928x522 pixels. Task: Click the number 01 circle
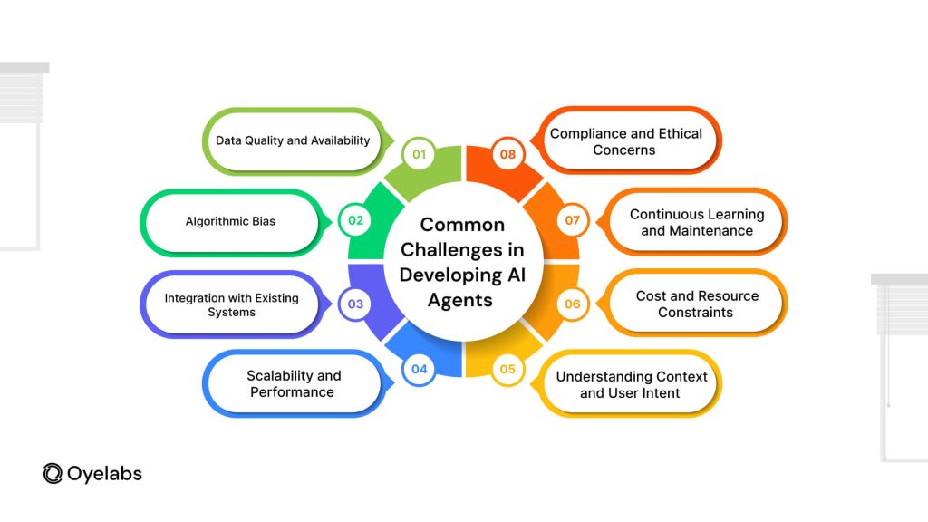pyautogui.click(x=419, y=154)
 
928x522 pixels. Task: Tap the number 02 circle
pyautogui.click(x=354, y=220)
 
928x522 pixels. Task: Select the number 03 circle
pyautogui.click(x=354, y=304)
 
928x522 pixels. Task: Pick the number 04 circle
pyautogui.click(x=419, y=369)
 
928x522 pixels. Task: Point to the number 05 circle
pyautogui.click(x=507, y=369)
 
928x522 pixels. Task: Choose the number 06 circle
pyautogui.click(x=573, y=304)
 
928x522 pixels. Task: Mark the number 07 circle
pyautogui.click(x=573, y=220)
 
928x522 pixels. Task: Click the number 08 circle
pyautogui.click(x=507, y=154)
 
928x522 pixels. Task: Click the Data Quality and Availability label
pyautogui.click(x=293, y=140)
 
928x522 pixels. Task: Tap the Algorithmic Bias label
pyautogui.click(x=230, y=221)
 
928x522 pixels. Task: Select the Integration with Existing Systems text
pyautogui.click(x=231, y=304)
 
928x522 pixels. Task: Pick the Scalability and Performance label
pyautogui.click(x=294, y=383)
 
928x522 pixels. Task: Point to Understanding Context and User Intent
pyautogui.click(x=632, y=384)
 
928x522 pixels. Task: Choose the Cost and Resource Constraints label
pyautogui.click(x=697, y=304)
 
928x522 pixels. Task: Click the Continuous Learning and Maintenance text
pyautogui.click(x=697, y=222)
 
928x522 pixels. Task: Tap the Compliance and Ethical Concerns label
pyautogui.click(x=625, y=141)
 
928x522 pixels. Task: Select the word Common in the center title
pyautogui.click(x=463, y=225)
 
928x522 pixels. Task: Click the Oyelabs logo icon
pyautogui.click(x=53, y=473)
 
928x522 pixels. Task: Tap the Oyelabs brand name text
pyautogui.click(x=105, y=473)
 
